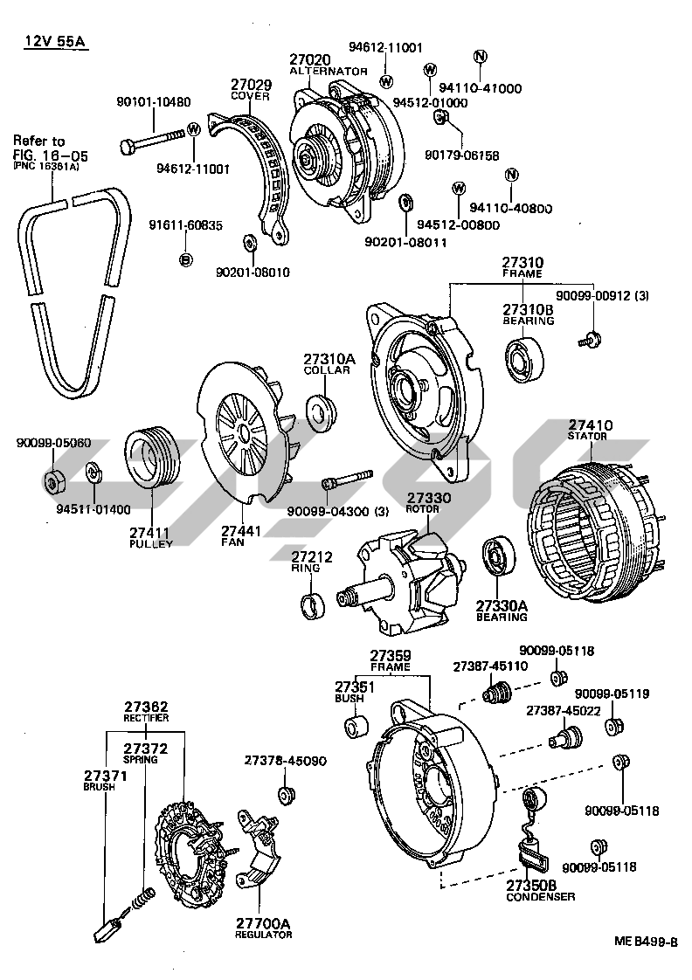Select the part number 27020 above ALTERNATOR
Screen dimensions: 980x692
(x=310, y=59)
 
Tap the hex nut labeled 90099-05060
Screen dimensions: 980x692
(x=52, y=478)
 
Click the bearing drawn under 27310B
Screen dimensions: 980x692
(x=526, y=360)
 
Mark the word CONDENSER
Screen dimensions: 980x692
(x=540, y=896)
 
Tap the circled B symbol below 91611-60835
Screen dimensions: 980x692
(x=185, y=259)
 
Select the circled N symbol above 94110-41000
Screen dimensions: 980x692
(x=478, y=58)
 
